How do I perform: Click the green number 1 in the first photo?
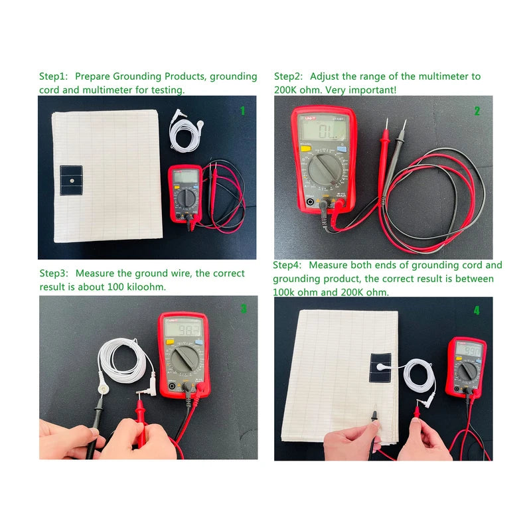point(242,111)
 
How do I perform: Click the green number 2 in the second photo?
point(477,111)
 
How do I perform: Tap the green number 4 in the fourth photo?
point(477,310)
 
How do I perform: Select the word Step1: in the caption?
point(54,76)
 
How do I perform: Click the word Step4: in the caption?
point(287,265)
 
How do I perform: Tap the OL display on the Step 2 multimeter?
point(325,129)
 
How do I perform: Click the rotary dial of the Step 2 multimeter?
point(325,169)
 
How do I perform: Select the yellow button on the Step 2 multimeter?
point(306,148)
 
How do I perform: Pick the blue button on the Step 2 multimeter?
point(342,149)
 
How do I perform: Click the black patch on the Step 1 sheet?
point(71,180)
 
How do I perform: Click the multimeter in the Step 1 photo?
point(185,194)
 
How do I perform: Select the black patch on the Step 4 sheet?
point(380,368)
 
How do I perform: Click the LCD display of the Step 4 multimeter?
point(469,350)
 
